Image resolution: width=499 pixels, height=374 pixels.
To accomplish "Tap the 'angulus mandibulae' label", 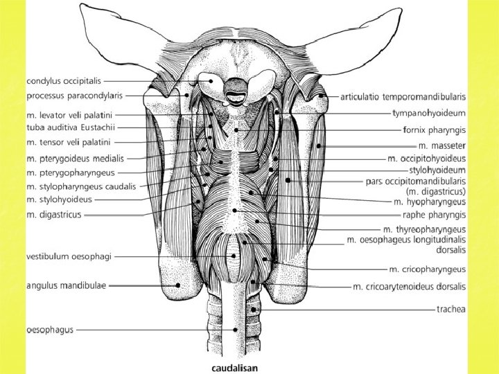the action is [66, 285].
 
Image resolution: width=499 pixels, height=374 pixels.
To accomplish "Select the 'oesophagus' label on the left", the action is [49, 330].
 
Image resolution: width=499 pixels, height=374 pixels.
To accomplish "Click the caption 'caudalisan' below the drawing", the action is [234, 368].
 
